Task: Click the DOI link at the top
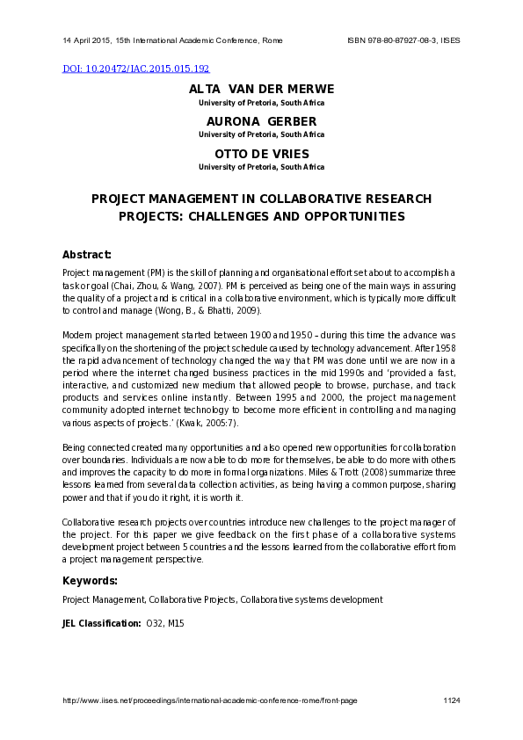(135, 68)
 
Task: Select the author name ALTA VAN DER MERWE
(261, 90)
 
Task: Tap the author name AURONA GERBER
(261, 121)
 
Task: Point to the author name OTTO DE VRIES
(261, 154)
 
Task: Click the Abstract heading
(86, 255)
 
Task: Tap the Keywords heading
(90, 581)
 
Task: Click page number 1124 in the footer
(452, 700)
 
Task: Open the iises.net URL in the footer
(209, 700)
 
